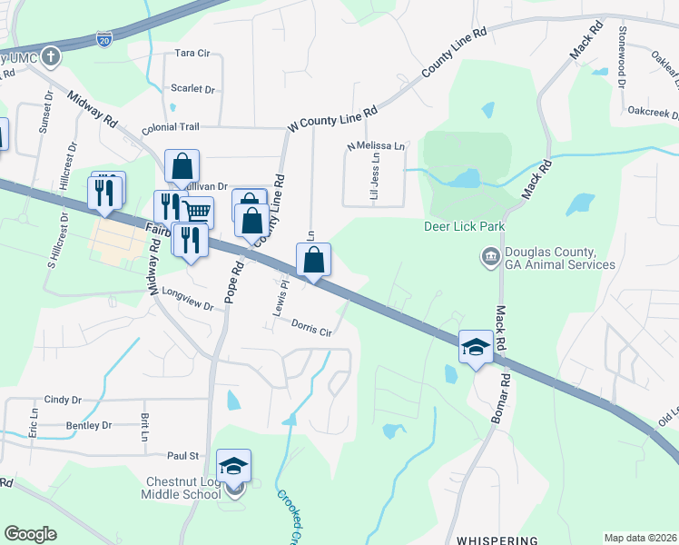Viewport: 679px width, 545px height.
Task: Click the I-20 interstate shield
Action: (x=104, y=39)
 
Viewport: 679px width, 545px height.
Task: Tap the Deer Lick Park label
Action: (x=464, y=226)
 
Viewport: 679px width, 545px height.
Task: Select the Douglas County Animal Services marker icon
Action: (x=491, y=258)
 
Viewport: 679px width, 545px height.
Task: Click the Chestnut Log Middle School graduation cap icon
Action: (x=234, y=467)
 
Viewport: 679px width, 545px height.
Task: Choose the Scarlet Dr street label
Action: (x=192, y=90)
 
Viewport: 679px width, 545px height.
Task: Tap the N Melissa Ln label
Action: (x=376, y=145)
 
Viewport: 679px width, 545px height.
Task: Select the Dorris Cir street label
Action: (x=311, y=327)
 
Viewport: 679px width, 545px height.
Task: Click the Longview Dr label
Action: (x=186, y=300)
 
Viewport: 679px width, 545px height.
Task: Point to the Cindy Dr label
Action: (x=63, y=400)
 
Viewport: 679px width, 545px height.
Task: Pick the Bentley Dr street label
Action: (x=88, y=425)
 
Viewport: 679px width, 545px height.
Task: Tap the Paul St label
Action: (x=182, y=455)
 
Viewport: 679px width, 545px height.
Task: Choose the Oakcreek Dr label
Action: (x=654, y=113)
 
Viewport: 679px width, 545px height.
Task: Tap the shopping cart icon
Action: (x=199, y=213)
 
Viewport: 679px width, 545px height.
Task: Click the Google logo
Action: (x=31, y=534)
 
